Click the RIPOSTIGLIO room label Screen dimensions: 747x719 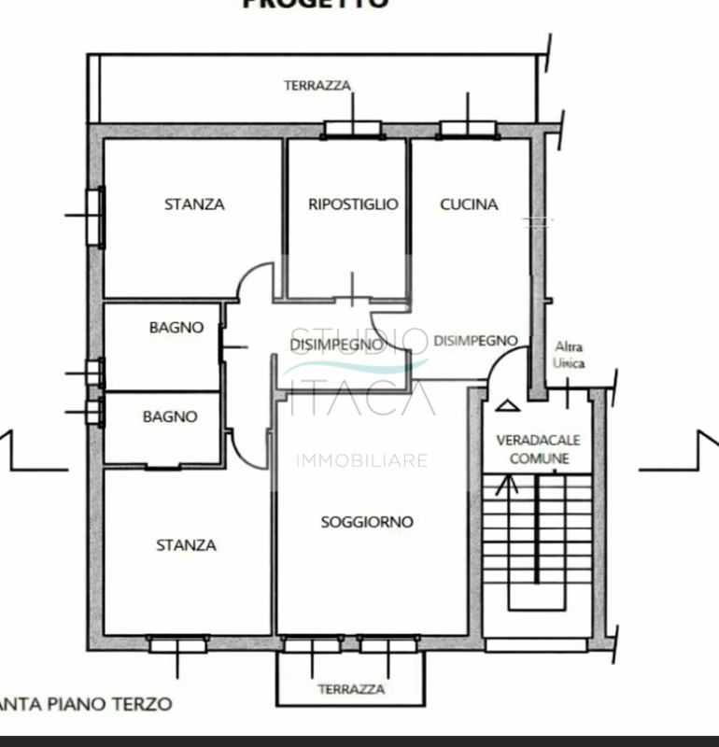[353, 204]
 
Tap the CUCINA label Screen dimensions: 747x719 [469, 204]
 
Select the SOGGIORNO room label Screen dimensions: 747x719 [367, 522]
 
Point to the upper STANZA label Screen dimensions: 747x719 [194, 204]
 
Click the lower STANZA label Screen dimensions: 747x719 [186, 544]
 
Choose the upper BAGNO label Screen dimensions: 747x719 [176, 327]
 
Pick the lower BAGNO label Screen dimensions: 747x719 [170, 416]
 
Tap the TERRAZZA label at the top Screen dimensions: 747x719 [317, 86]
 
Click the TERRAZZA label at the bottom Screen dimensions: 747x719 [351, 689]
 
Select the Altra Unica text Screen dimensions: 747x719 [569, 355]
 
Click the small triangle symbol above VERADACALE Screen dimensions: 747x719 [506, 405]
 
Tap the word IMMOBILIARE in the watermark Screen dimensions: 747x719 [361, 460]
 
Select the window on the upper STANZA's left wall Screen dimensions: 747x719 [94, 216]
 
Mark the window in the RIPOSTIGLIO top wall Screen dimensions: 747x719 [352, 130]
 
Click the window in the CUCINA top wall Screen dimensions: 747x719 [467, 130]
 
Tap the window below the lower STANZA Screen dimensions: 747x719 [177, 643]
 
